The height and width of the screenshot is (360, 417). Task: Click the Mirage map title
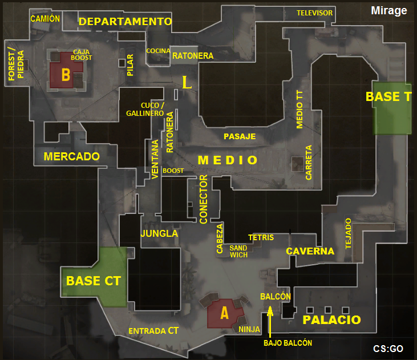click(388, 10)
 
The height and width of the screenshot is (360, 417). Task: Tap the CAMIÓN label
click(45, 18)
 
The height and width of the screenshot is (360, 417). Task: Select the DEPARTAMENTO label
click(125, 22)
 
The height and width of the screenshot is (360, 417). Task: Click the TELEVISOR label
click(314, 13)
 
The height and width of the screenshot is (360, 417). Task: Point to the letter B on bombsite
click(66, 75)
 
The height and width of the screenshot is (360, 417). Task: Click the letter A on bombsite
click(224, 313)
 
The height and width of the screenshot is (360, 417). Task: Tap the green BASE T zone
click(391, 108)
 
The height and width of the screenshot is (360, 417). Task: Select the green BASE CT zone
click(94, 278)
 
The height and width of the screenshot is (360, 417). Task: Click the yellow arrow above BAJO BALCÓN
click(270, 321)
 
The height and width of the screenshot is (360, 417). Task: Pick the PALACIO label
click(331, 320)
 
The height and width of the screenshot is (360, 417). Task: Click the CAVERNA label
click(310, 251)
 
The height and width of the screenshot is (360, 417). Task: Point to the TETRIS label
click(261, 237)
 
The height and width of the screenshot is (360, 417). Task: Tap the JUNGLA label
click(159, 233)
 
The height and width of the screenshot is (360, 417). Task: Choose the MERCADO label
click(72, 156)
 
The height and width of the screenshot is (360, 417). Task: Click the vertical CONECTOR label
click(204, 203)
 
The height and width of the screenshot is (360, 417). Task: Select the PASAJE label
click(240, 136)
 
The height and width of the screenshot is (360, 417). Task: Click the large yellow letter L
click(187, 83)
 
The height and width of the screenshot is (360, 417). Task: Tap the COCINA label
click(158, 51)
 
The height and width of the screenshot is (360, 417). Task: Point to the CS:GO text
click(388, 348)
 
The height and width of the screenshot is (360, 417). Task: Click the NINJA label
click(249, 329)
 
